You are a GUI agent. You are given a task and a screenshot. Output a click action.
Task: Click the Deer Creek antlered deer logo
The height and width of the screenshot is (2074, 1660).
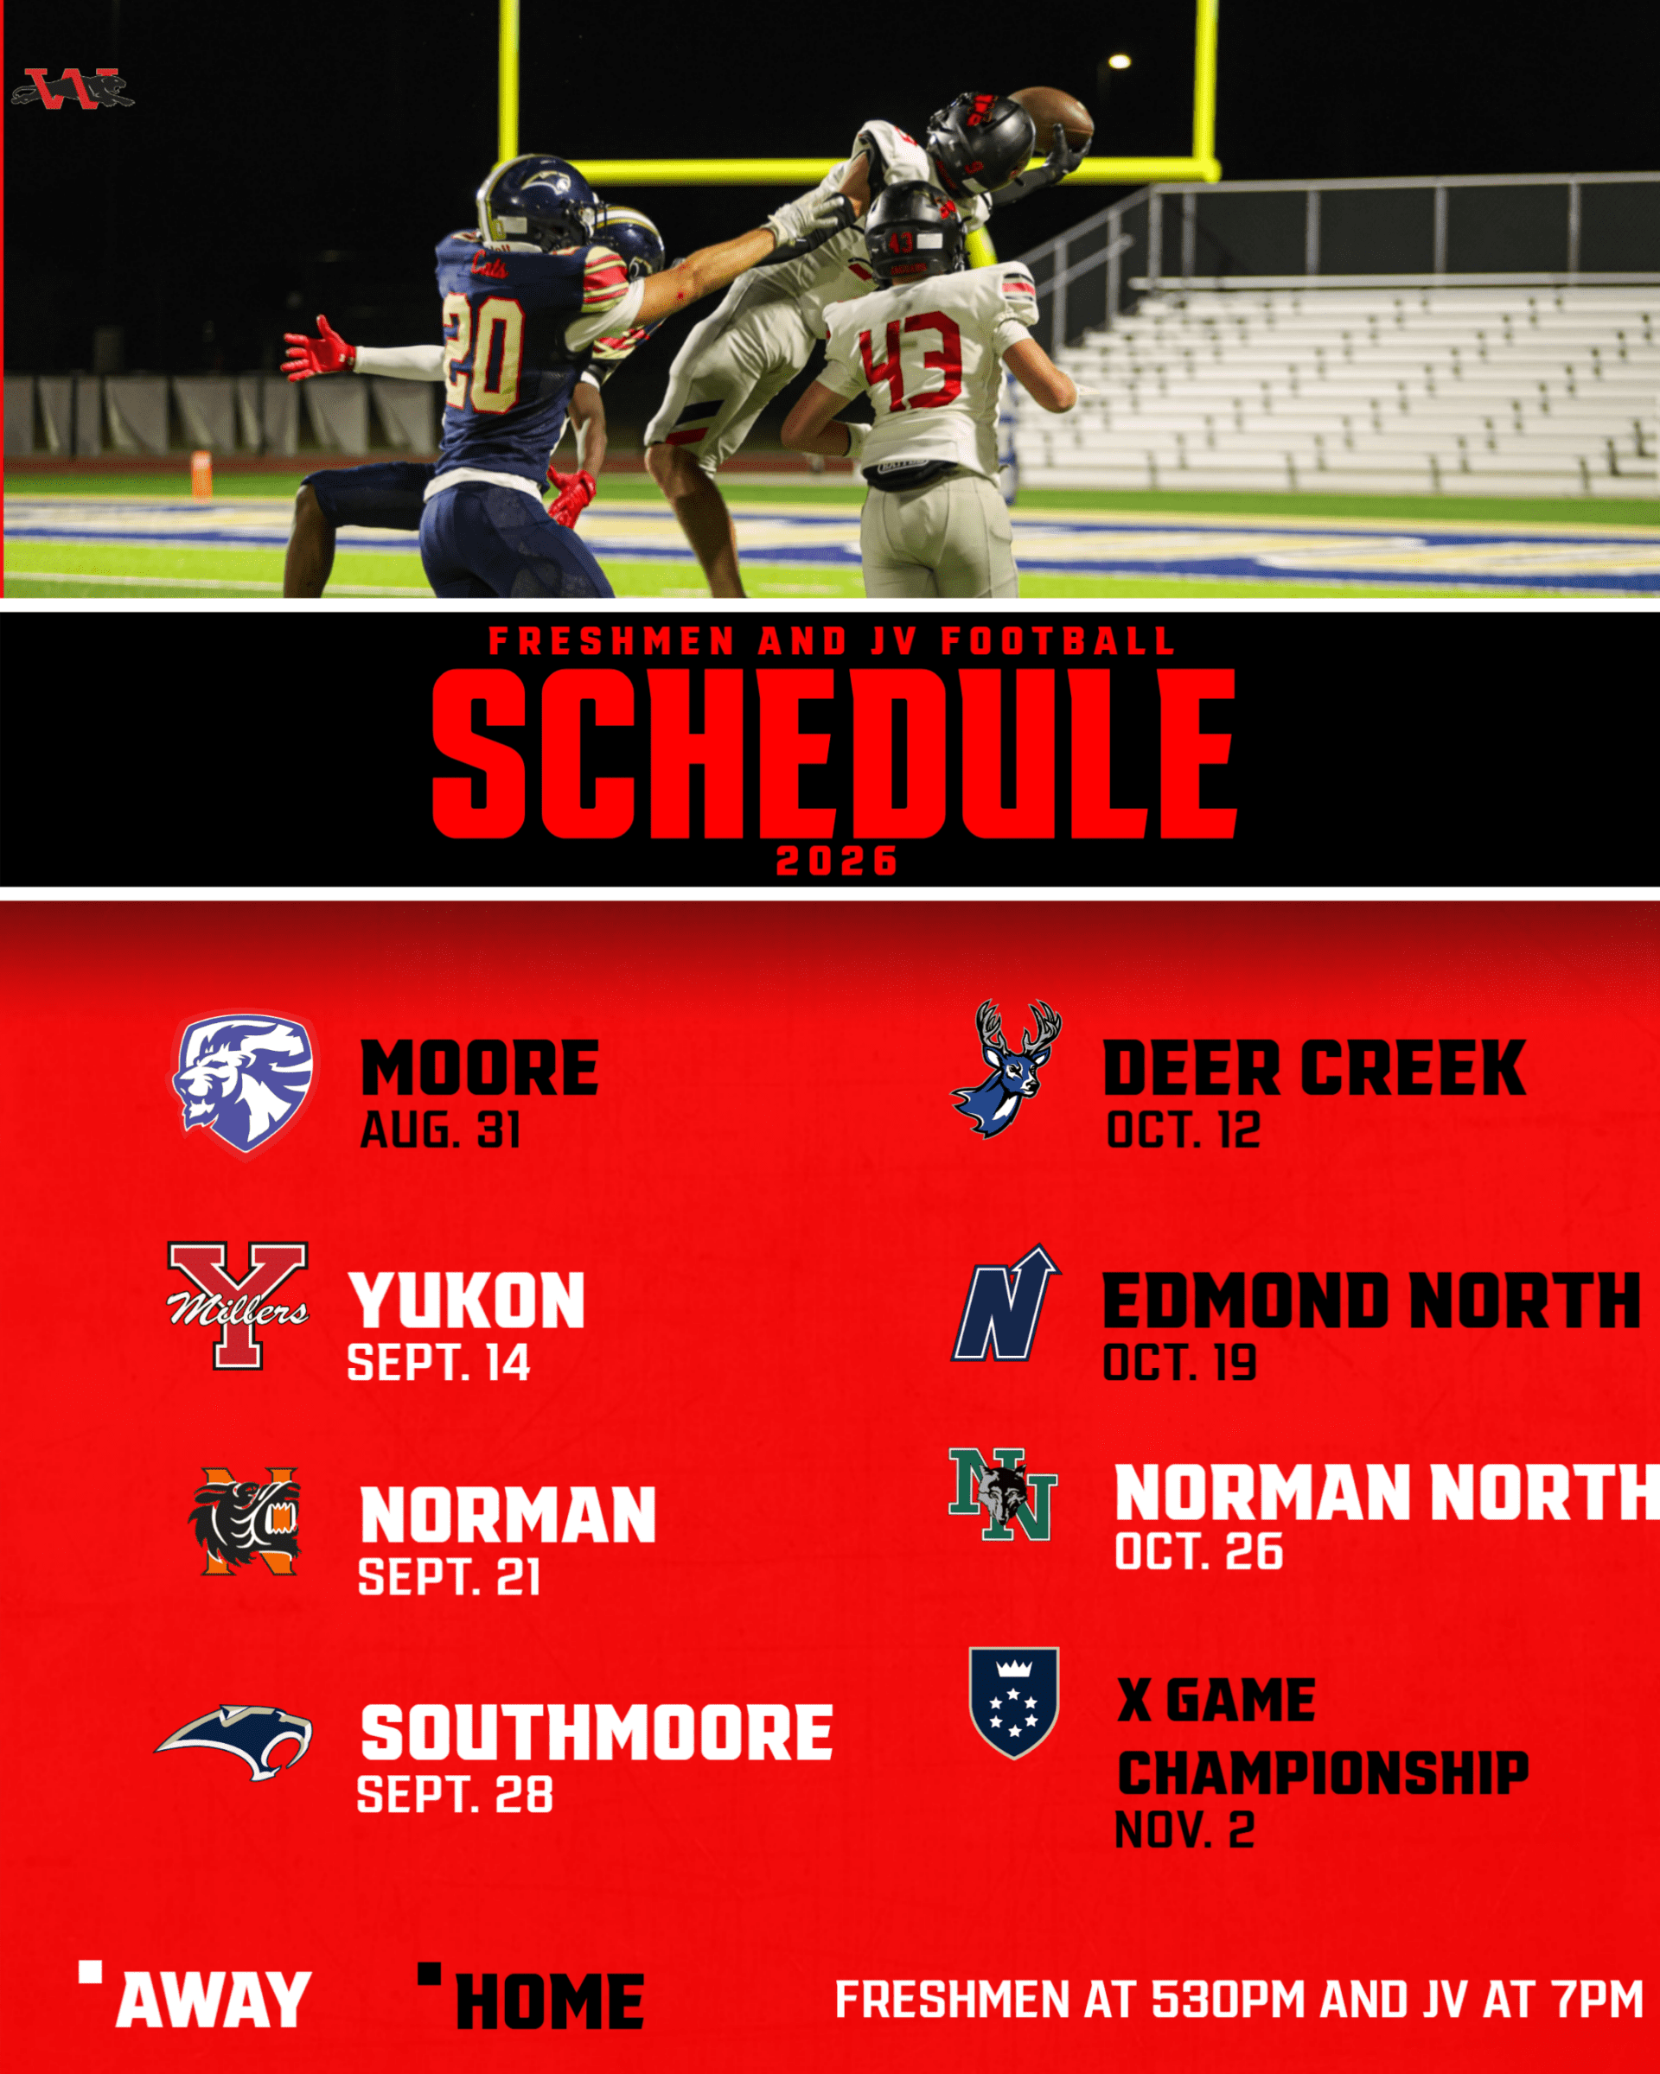pos(1006,1068)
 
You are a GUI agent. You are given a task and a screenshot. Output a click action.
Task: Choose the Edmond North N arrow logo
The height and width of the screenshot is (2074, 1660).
pos(1006,1303)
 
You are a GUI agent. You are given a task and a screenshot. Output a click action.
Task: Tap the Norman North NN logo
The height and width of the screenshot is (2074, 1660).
pos(1003,1494)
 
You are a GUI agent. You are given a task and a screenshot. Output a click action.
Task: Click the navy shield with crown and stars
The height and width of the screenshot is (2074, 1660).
pos(1013,1702)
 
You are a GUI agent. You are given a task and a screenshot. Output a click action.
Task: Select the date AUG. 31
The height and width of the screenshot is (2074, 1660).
pos(441,1129)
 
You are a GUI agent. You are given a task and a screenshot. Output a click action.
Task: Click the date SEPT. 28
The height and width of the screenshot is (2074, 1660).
pos(455,1794)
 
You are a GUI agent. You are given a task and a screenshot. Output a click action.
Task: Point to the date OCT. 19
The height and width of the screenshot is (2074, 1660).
pos(1180,1362)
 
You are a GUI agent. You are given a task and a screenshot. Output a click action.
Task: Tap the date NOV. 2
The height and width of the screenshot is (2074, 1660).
pos(1184,1829)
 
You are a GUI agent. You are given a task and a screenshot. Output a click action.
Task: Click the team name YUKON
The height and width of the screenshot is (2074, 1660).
pos(467,1301)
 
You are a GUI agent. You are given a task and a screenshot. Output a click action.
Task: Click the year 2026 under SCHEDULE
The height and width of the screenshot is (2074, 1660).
pos(837,861)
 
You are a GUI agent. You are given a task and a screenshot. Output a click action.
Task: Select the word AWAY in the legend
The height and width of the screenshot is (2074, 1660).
pos(214,1999)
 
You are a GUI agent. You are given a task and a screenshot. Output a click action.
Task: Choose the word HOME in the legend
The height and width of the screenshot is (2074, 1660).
pos(550,2002)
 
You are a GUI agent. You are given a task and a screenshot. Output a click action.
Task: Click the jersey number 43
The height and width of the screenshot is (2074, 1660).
pos(910,358)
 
